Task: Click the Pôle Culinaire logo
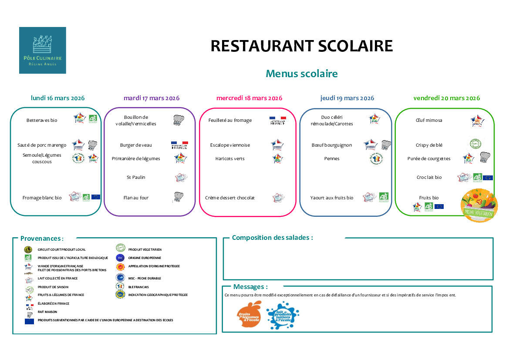click(x=43, y=50)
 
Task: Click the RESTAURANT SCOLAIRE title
click(x=301, y=46)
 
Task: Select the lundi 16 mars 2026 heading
click(x=57, y=98)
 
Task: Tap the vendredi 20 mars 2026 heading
click(x=446, y=98)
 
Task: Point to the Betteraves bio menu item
click(x=42, y=120)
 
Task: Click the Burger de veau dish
click(x=136, y=145)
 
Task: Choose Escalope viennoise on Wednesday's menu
click(x=230, y=145)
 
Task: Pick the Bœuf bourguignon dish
click(x=332, y=145)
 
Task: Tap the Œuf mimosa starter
click(x=429, y=120)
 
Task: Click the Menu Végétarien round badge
click(x=479, y=205)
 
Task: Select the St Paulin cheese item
click(x=136, y=177)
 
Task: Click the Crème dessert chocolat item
click(x=230, y=198)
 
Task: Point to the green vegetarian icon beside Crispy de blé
click(x=475, y=144)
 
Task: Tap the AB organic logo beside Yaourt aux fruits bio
click(x=384, y=197)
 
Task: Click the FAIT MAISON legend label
click(x=47, y=312)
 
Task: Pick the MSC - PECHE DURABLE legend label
click(x=145, y=278)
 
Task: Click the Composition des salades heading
click(x=272, y=238)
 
